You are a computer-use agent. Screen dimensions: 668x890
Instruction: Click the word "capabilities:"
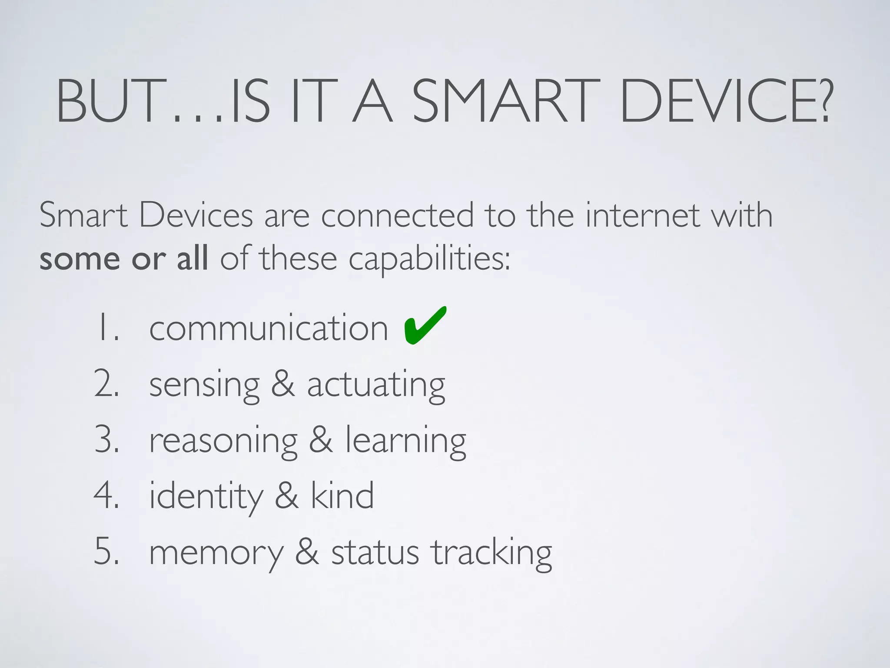tap(429, 260)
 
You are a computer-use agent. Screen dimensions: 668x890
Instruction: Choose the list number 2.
tap(106, 384)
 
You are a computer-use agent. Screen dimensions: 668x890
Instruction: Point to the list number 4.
tap(106, 496)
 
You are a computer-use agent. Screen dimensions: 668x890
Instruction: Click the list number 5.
tap(106, 552)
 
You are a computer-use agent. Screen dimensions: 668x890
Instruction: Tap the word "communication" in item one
tap(269, 328)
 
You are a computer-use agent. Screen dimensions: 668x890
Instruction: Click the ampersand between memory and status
tap(307, 552)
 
